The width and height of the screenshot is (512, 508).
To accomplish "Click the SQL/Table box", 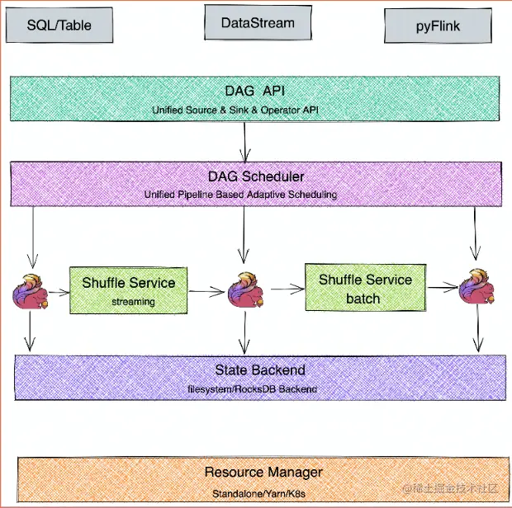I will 59,26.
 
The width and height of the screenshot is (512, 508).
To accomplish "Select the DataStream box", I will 258,23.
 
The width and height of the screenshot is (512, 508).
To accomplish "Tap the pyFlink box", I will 439,26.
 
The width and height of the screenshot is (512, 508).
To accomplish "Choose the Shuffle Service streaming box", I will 128,290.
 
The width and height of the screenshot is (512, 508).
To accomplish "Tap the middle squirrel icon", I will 245,291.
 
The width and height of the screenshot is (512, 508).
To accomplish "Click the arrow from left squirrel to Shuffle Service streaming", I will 59,292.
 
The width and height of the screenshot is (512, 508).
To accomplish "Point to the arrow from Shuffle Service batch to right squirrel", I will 443,287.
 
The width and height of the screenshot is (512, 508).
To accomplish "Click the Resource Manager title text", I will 263,472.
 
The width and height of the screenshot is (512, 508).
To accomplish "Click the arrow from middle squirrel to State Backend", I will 244,333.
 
